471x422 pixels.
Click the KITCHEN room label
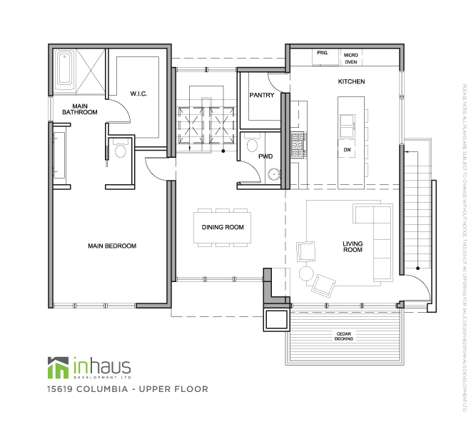pos(351,82)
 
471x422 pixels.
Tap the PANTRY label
pos(262,96)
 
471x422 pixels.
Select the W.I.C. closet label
pos(138,94)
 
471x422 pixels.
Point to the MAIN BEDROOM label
pos(112,246)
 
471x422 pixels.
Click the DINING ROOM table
pos(223,228)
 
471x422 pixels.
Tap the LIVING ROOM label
pos(353,247)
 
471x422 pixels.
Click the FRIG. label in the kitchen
pos(323,54)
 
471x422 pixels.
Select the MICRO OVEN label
pos(350,58)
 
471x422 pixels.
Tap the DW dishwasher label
pos(348,150)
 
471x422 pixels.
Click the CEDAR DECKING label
pos(343,337)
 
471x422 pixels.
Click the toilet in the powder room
pos(251,146)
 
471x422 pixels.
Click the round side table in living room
pos(306,273)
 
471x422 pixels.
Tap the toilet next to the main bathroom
pos(119,151)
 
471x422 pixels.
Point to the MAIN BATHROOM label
pos(79,109)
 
